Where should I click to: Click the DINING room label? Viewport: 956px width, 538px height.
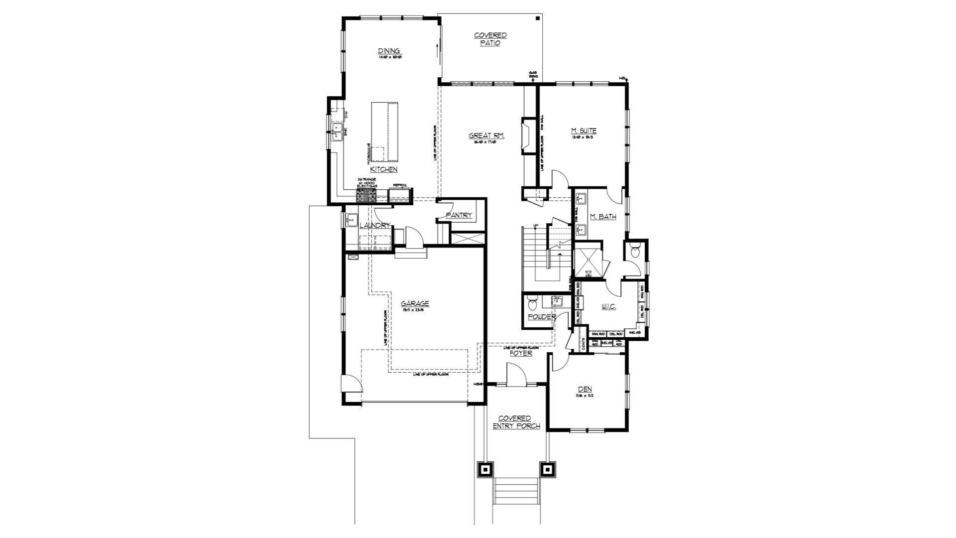pyautogui.click(x=389, y=51)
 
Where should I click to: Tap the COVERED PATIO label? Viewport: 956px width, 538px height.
pyautogui.click(x=490, y=39)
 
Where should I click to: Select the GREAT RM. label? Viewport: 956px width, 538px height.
pyautogui.click(x=486, y=135)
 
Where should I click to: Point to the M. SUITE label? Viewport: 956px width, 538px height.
pyautogui.click(x=584, y=131)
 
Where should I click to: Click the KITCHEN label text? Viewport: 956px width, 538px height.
pyautogui.click(x=383, y=169)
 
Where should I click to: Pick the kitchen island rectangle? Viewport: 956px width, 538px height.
pyautogui.click(x=384, y=132)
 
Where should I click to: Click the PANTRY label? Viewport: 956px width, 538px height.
pyautogui.click(x=459, y=215)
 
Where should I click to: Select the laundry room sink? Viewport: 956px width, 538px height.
pyautogui.click(x=352, y=219)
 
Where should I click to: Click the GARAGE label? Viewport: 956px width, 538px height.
pyautogui.click(x=415, y=303)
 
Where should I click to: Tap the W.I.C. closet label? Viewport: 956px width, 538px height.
pyautogui.click(x=608, y=306)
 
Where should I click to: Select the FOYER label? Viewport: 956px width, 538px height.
pyautogui.click(x=521, y=353)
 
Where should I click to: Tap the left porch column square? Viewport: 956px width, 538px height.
pyautogui.click(x=485, y=469)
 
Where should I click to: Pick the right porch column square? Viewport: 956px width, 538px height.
pyautogui.click(x=547, y=469)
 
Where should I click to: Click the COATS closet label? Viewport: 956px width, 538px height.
pyautogui.click(x=583, y=343)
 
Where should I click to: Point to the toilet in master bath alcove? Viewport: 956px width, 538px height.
pyautogui.click(x=635, y=252)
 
